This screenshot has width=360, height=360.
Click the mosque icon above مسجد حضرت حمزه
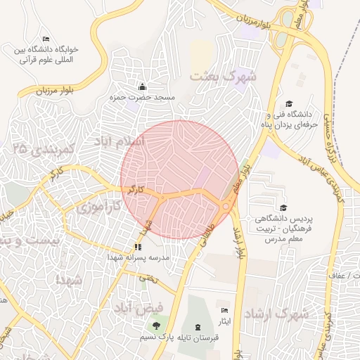[x=143, y=86]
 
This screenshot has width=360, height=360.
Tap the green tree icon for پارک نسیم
[x=155, y=325]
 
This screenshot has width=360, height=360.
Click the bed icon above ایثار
[x=224, y=310]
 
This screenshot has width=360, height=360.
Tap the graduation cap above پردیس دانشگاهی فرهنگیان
[x=283, y=207]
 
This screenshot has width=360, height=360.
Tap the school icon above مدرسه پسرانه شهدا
[x=138, y=247]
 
